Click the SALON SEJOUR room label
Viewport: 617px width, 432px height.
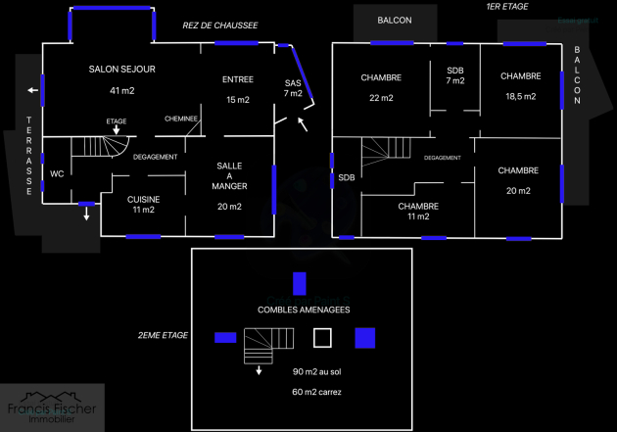[122, 69]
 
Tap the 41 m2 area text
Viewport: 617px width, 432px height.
[122, 90]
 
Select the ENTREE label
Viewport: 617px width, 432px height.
[237, 79]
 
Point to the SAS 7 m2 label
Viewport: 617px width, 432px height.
[294, 87]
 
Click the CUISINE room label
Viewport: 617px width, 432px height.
[144, 199]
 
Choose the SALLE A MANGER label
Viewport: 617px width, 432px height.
[231, 176]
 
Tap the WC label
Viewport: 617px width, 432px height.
[57, 173]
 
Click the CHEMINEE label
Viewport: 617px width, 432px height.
[181, 119]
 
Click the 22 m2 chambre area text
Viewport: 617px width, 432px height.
[381, 98]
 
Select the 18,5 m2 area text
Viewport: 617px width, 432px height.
[520, 97]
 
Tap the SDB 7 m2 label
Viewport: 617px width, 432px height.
[455, 75]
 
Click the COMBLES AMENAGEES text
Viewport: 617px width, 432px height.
[305, 310]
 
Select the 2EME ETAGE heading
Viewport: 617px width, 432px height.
[163, 335]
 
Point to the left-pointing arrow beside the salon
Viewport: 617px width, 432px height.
[34, 91]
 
